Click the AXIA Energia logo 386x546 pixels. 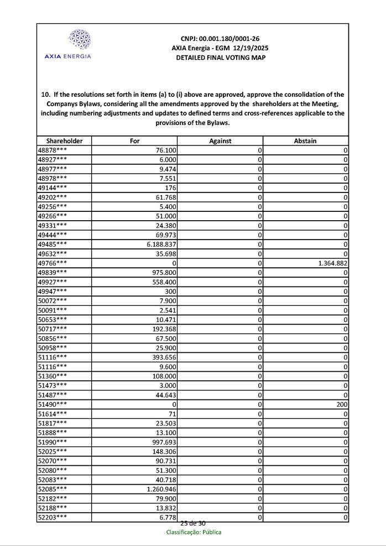[x=67, y=44]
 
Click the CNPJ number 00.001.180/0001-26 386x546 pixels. [x=220, y=39]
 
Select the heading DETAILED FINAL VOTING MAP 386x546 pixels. [x=220, y=58]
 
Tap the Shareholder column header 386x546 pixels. [x=64, y=141]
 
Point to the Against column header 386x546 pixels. [x=220, y=141]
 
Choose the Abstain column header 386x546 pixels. [x=305, y=141]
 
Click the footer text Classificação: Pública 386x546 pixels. [x=194, y=532]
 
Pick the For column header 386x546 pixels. [x=134, y=141]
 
